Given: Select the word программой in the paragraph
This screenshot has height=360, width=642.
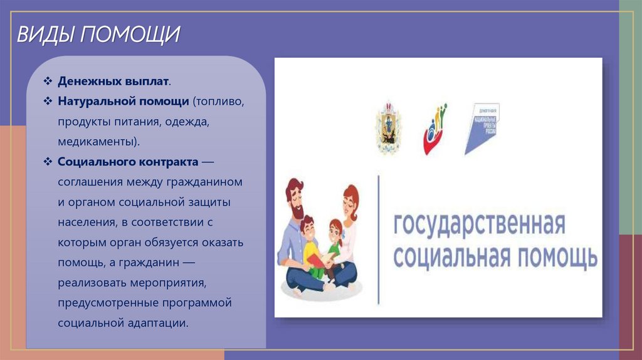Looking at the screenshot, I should click(198, 302).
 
